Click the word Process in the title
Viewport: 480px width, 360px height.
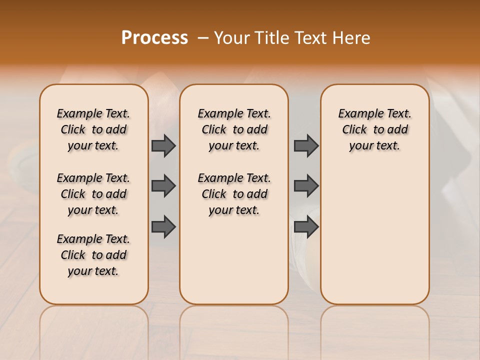(x=154, y=38)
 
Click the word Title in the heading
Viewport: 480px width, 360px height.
(x=270, y=38)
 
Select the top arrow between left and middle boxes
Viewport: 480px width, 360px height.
(x=163, y=145)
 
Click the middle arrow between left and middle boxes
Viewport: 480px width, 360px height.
(x=163, y=186)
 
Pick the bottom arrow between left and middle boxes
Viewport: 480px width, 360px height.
(x=163, y=226)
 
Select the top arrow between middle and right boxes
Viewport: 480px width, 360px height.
(x=306, y=145)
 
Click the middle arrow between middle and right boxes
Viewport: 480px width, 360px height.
(x=306, y=186)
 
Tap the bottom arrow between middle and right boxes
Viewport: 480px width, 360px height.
(x=306, y=226)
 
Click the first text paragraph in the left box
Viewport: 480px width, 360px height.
(x=93, y=129)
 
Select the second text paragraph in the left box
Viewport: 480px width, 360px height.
(x=93, y=194)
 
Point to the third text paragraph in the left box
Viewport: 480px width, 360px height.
(x=93, y=255)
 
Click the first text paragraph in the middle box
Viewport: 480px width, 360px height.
(x=234, y=129)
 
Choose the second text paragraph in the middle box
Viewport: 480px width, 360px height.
(x=234, y=194)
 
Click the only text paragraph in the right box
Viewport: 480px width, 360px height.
(x=374, y=129)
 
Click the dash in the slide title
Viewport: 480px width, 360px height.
(x=202, y=38)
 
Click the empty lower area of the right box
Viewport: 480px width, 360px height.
(x=374, y=240)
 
